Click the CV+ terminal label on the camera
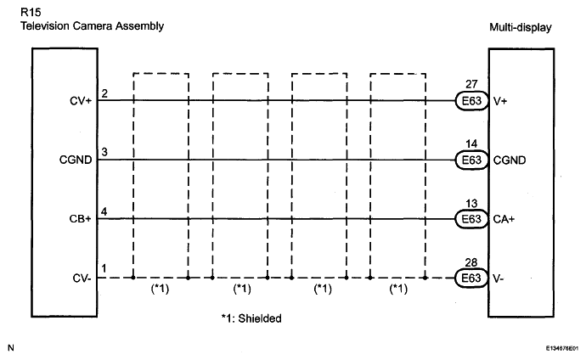(81, 101)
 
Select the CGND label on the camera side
(76, 160)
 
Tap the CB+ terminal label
(81, 219)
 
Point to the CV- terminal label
(82, 278)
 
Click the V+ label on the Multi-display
(500, 101)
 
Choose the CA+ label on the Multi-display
(504, 219)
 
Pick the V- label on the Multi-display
(499, 278)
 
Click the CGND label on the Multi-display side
(510, 160)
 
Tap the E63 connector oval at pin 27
(471, 101)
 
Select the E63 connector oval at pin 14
(471, 160)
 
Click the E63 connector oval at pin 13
(471, 219)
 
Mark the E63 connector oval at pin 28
(471, 278)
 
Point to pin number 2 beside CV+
(104, 93)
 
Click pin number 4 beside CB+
(104, 211)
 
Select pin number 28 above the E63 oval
(471, 262)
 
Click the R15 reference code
(31, 13)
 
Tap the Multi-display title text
(521, 27)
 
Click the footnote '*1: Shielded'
(251, 318)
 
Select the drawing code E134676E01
(562, 348)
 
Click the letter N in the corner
(11, 347)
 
